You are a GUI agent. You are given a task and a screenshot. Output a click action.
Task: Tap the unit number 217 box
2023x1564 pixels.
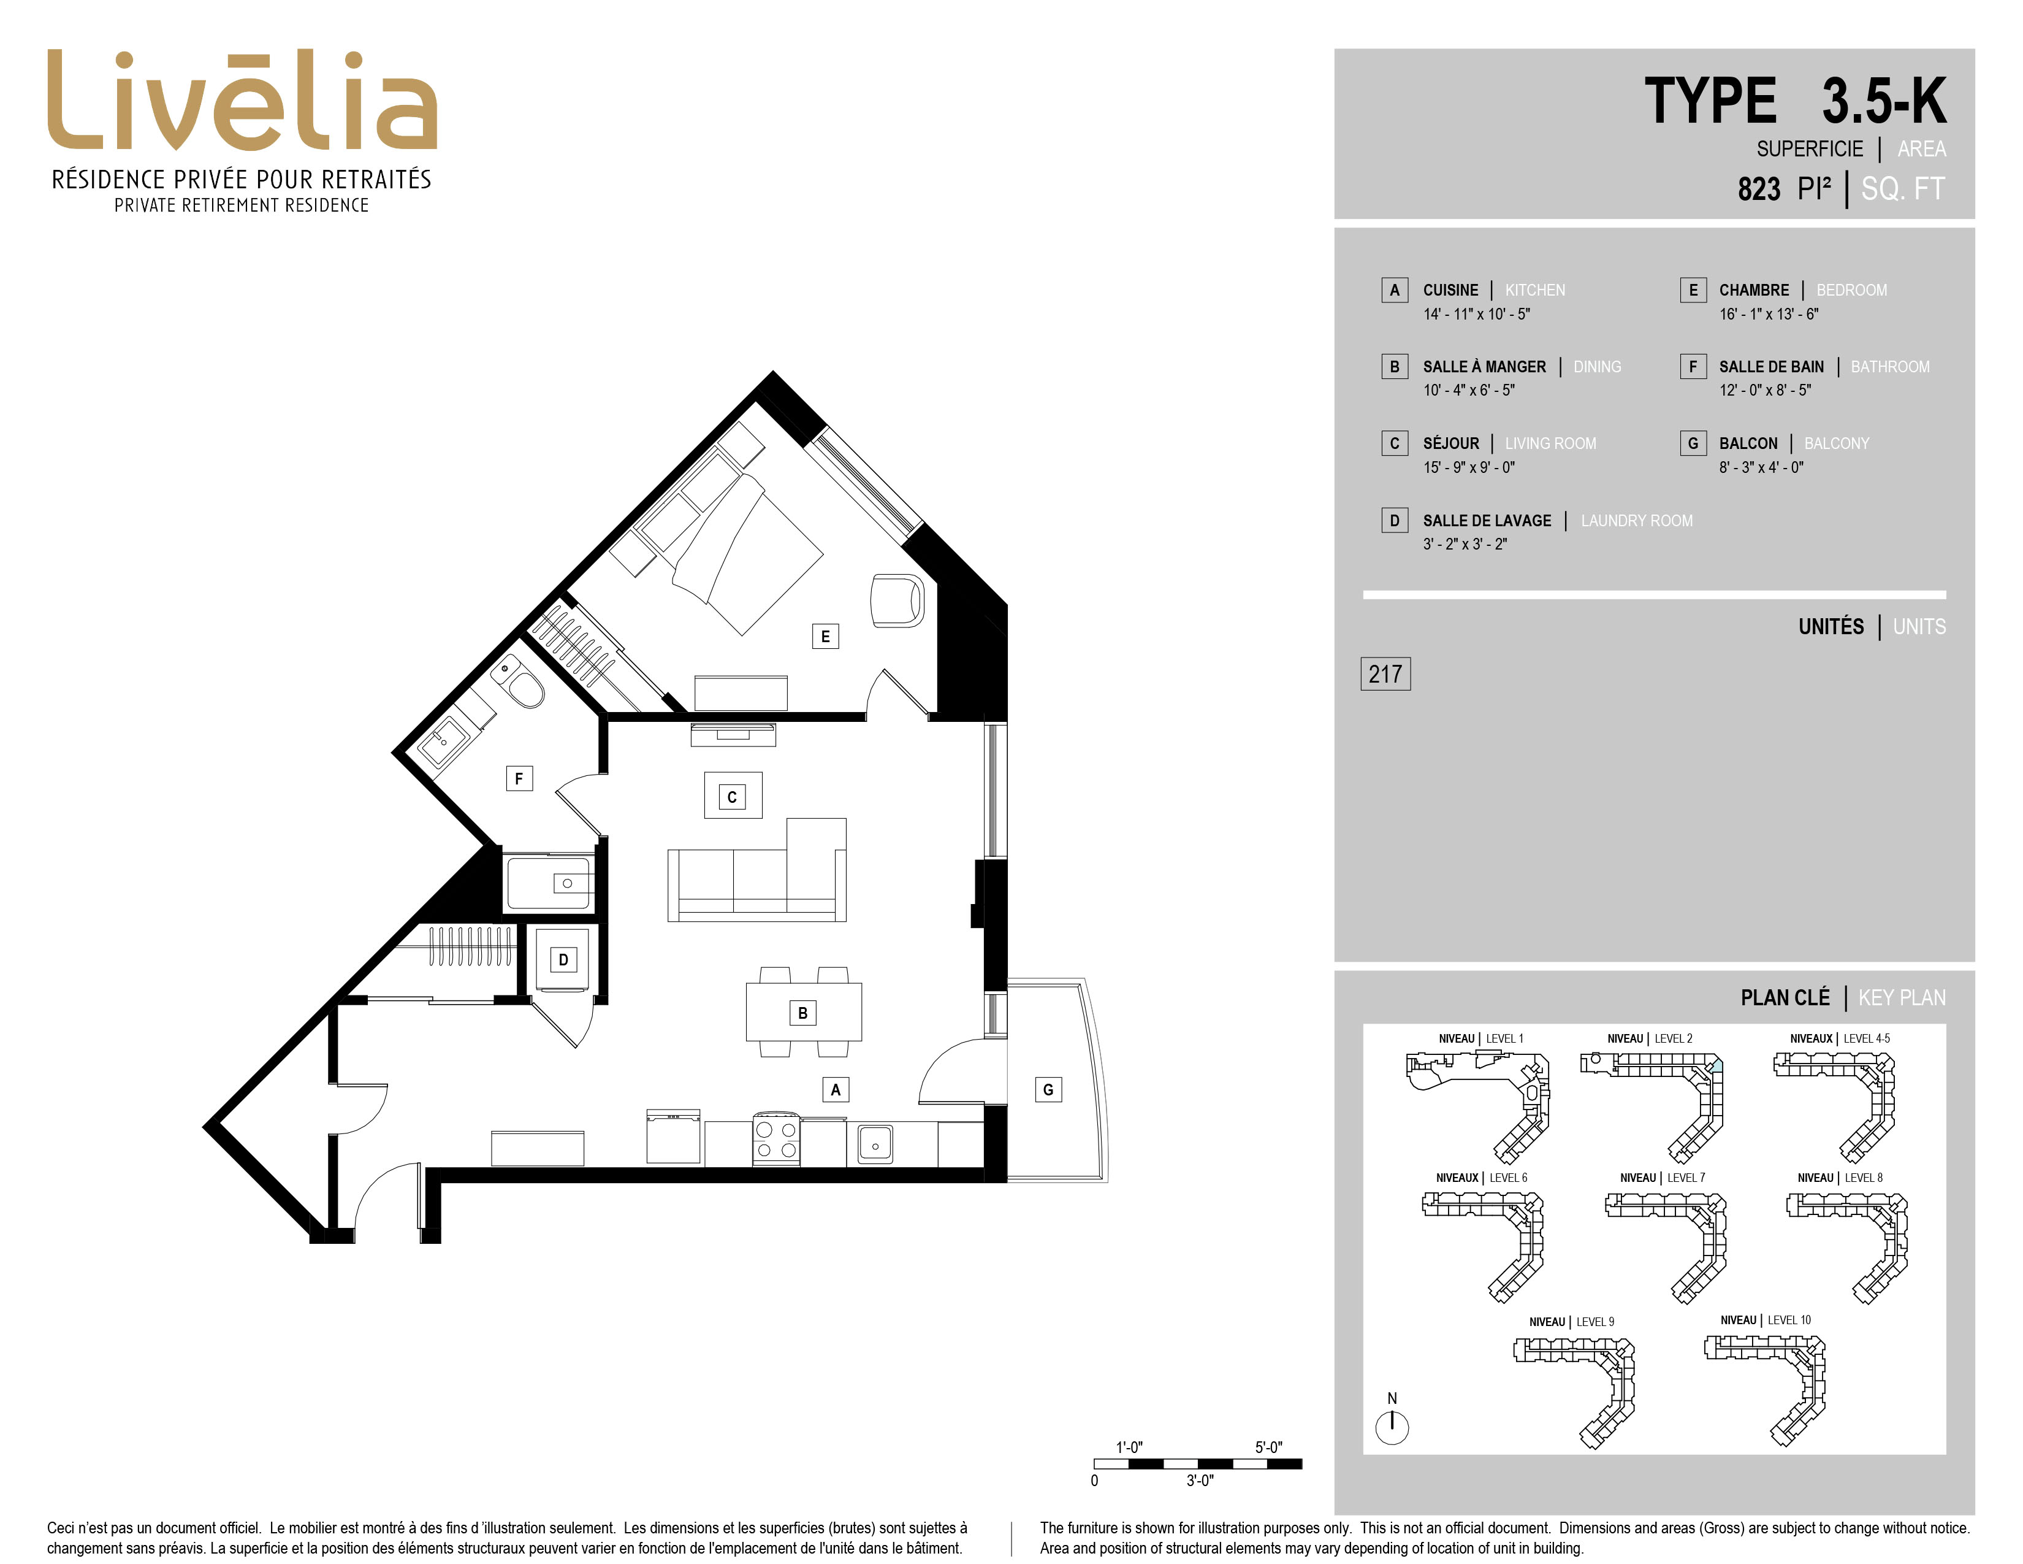[x=1385, y=673]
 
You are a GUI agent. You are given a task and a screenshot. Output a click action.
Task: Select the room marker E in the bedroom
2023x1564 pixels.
[x=825, y=637]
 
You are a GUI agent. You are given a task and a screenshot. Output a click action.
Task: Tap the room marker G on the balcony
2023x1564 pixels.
[x=1048, y=1090]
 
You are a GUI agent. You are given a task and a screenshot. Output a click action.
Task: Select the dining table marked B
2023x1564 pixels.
[x=803, y=1012]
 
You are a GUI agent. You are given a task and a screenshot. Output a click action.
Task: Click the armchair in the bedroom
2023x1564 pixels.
[x=897, y=600]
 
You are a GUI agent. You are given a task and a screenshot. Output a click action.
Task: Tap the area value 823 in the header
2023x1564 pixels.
[x=1759, y=189]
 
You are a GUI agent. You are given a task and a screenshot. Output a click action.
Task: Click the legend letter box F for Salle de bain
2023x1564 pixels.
[x=1693, y=367]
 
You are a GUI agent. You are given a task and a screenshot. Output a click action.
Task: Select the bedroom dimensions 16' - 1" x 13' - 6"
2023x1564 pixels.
[x=1768, y=314]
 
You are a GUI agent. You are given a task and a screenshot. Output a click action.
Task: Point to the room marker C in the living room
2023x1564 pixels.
[x=732, y=797]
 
